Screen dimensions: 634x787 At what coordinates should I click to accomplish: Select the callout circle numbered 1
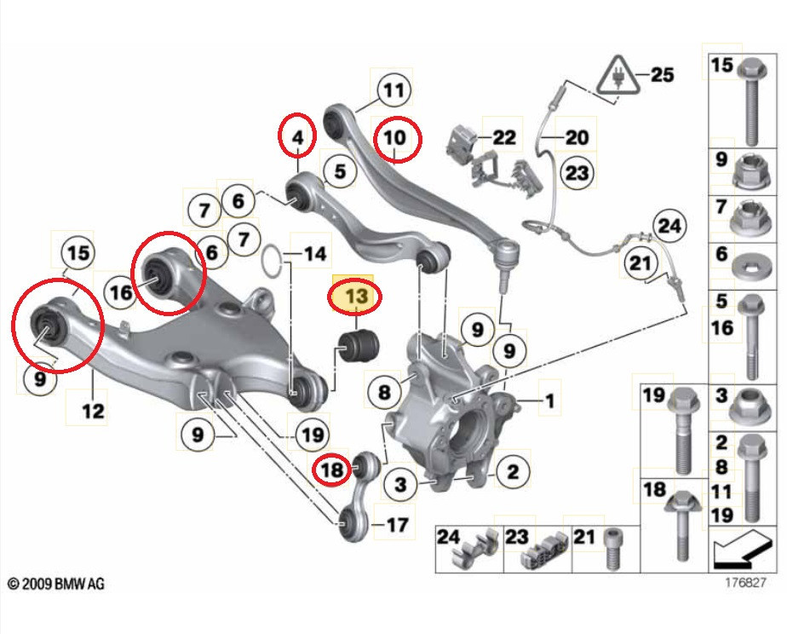pos(549,400)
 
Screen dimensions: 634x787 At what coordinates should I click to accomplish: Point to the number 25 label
pos(662,75)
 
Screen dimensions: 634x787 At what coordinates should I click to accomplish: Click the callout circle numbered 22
pos(504,136)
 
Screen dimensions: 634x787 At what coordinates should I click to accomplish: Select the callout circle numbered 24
pos(670,227)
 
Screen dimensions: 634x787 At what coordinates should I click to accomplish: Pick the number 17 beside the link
pos(397,525)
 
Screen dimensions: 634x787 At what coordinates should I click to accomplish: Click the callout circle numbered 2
pos(513,470)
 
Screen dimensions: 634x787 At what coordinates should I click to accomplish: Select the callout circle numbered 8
pos(385,392)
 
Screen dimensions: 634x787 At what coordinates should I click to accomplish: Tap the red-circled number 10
pos(395,137)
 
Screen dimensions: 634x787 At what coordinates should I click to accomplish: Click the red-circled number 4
pos(297,136)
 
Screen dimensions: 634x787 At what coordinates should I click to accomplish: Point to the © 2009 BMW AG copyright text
pos(57,585)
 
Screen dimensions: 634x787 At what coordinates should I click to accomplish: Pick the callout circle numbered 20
pos(577,136)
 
